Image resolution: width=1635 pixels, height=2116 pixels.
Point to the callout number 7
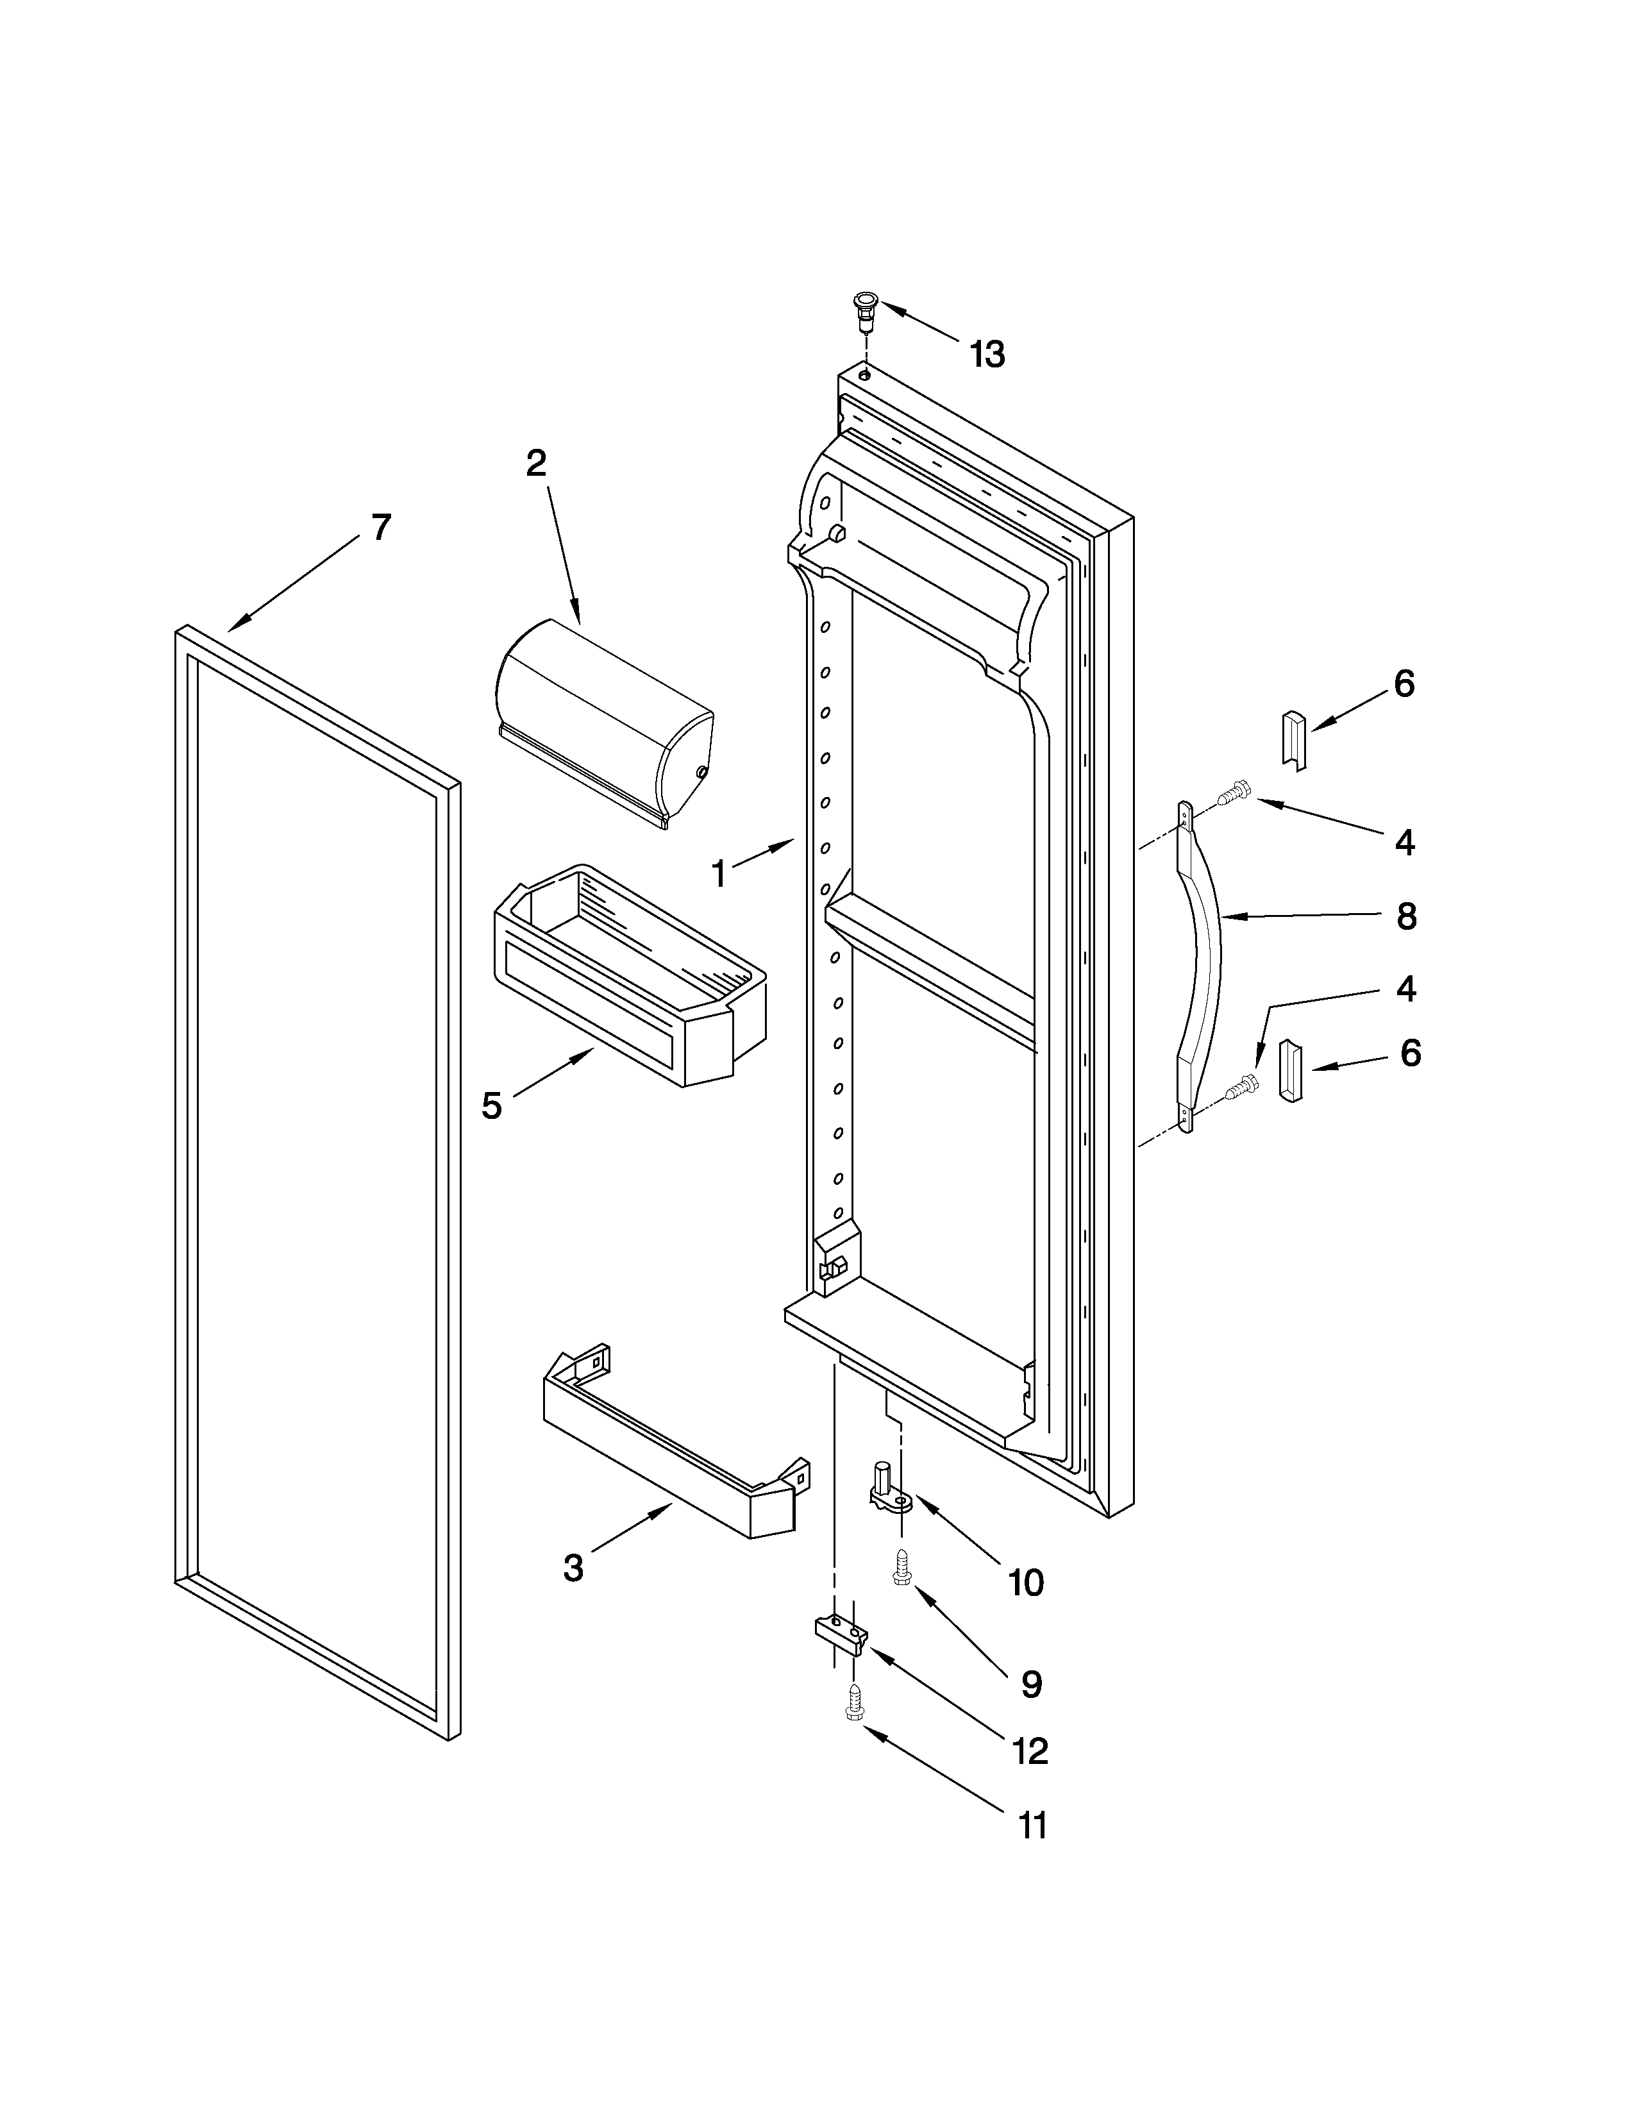point(382,528)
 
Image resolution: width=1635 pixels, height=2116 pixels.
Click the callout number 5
point(492,1105)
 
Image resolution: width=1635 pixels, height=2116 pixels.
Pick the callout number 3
point(573,1568)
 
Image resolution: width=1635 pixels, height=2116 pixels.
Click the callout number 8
point(1406,916)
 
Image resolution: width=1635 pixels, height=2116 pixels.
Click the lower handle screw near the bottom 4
point(1239,1089)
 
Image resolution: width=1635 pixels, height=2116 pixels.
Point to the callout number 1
point(719,875)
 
